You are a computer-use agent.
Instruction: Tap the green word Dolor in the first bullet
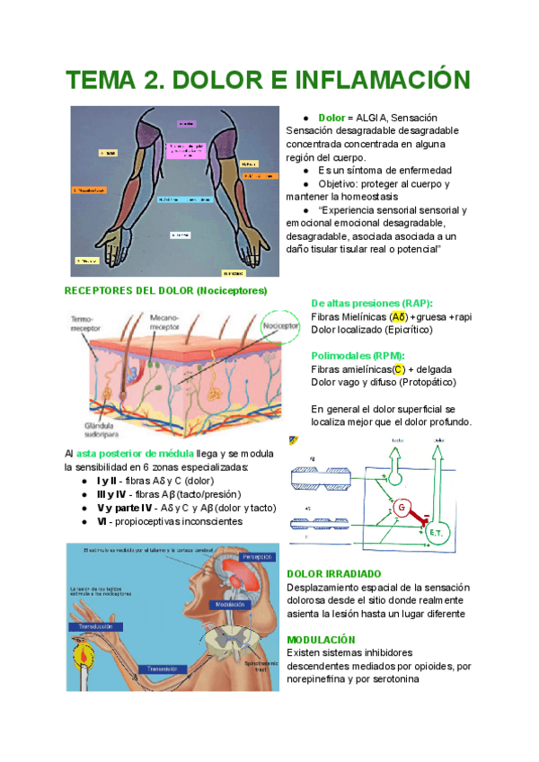tap(332, 118)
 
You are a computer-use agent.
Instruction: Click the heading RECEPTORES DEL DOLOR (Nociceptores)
tap(166, 291)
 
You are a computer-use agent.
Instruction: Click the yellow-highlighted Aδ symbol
tap(399, 317)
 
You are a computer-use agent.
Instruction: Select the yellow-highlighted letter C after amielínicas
tap(399, 369)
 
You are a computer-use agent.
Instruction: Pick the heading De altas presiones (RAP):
tap(372, 304)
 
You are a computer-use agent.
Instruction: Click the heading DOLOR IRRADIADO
tap(333, 573)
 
